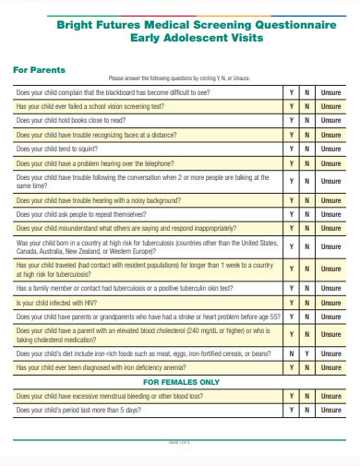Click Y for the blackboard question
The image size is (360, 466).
click(x=292, y=93)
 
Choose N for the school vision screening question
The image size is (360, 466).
click(x=307, y=107)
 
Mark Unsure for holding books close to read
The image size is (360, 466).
click(x=330, y=121)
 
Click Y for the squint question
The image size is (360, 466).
click(x=292, y=148)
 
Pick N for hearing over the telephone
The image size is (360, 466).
click(x=307, y=161)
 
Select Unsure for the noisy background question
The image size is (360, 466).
click(x=330, y=199)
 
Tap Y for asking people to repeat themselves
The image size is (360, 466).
click(x=292, y=213)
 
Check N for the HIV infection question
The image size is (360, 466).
click(x=307, y=302)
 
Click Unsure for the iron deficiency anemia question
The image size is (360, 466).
click(x=330, y=366)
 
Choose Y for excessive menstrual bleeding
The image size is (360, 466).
click(x=292, y=395)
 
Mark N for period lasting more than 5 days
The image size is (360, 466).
click(x=307, y=409)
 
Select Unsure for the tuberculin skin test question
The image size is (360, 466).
click(x=330, y=288)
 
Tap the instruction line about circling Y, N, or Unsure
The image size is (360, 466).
click(x=180, y=78)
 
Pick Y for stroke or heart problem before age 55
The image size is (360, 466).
click(x=292, y=316)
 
